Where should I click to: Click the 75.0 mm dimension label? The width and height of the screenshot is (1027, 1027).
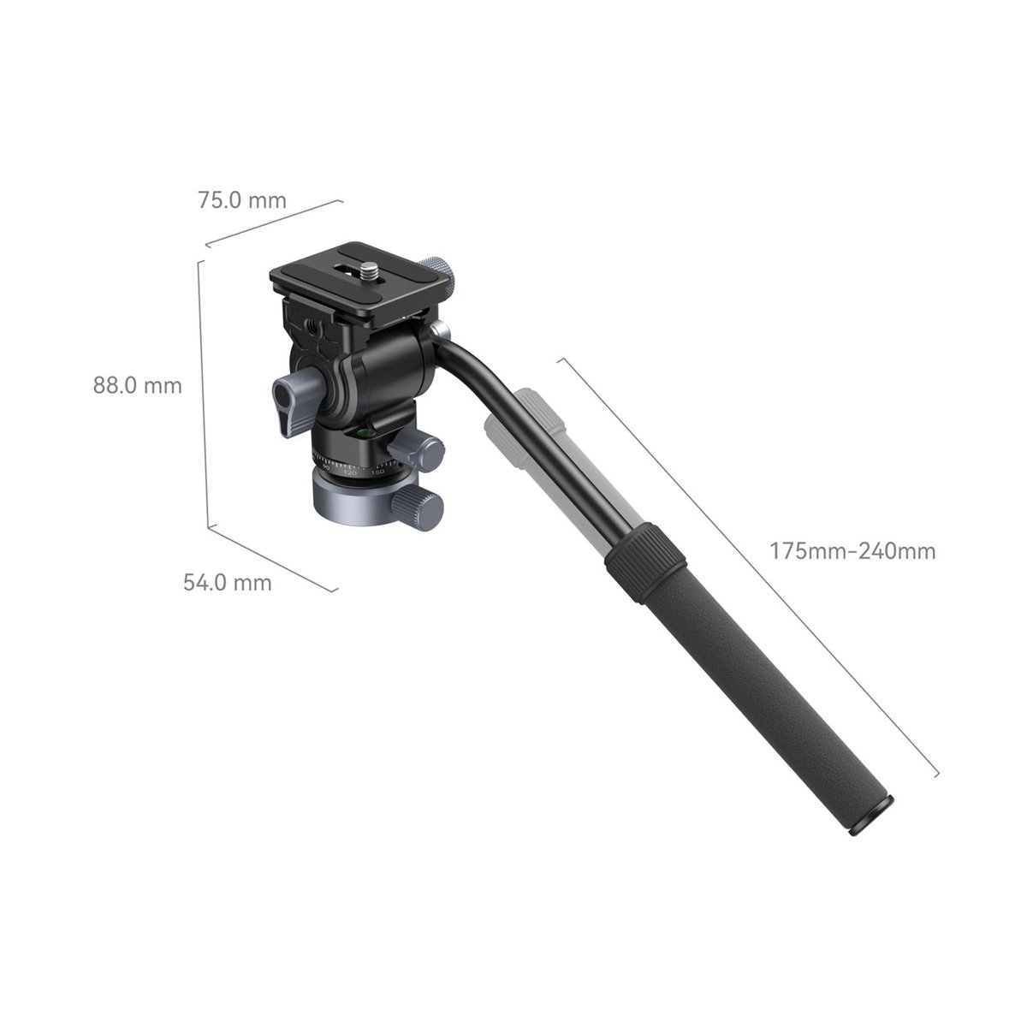click(242, 200)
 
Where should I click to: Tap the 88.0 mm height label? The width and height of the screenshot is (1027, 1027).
click(138, 385)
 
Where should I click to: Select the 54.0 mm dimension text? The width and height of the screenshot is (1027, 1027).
click(228, 583)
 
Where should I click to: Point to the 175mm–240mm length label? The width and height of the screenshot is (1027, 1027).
click(852, 551)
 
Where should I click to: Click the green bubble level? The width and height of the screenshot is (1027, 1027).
click(365, 431)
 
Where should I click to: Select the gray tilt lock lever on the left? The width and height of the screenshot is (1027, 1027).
click(294, 401)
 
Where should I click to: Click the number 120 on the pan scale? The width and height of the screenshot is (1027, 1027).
click(350, 472)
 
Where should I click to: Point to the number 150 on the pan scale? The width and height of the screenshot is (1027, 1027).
click(377, 472)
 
